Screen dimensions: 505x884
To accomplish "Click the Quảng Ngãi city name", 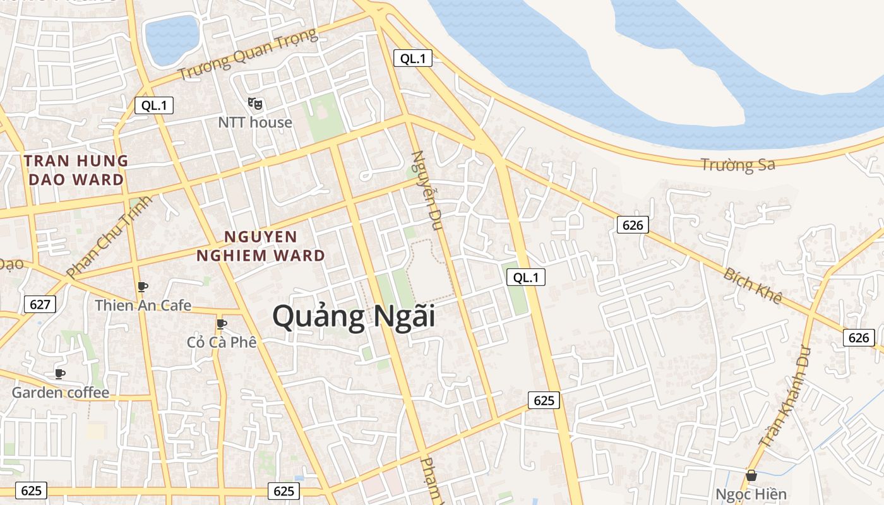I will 354,316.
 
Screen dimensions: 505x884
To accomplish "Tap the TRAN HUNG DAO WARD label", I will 76,170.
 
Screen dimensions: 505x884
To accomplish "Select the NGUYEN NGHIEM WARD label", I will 260,246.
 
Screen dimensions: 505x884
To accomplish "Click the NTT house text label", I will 255,122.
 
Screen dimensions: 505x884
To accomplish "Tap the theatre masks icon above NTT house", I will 255,103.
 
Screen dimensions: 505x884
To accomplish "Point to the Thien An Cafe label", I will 143,306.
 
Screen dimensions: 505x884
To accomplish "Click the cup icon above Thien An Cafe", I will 143,287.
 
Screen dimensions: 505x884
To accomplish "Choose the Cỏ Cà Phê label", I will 222,342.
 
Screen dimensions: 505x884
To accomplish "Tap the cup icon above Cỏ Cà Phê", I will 222,324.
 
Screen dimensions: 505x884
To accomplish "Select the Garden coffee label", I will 61,393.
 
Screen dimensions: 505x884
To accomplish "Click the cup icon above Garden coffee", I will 60,374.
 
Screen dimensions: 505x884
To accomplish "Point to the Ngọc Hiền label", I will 751,494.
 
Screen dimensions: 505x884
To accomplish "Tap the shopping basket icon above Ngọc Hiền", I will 751,475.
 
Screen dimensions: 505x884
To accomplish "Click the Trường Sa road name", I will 738,165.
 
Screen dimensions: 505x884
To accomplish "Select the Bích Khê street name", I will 753,285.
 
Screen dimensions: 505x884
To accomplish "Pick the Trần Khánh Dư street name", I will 786,396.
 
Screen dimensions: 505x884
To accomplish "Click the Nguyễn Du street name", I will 427,189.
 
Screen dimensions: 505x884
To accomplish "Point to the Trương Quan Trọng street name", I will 247,54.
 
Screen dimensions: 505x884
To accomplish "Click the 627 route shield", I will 40,304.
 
